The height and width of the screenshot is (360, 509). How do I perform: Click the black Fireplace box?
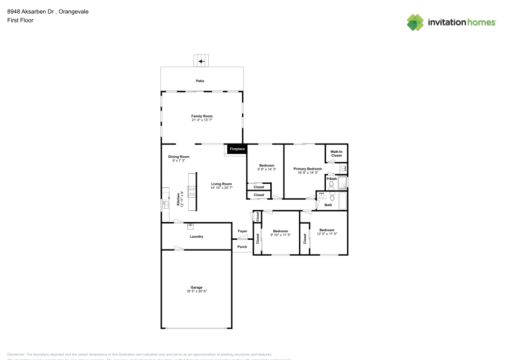[x=237, y=149]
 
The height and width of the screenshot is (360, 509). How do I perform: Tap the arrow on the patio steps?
[x=202, y=61]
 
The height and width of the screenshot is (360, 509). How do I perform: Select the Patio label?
[x=202, y=81]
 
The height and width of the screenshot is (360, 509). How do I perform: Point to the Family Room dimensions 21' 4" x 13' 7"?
[x=202, y=120]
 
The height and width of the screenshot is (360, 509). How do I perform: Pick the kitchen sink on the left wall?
[x=165, y=205]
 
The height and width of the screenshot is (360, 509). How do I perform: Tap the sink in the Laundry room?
[x=191, y=226]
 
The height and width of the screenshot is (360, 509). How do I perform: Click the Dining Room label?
[x=179, y=157]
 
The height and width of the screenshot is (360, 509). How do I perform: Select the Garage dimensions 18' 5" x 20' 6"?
[x=196, y=291]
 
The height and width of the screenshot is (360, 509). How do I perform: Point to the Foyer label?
[x=242, y=231]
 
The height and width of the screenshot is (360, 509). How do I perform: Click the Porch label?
[x=242, y=247]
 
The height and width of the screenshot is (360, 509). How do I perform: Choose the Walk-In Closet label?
[x=336, y=153]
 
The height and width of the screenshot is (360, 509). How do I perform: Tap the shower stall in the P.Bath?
[x=343, y=182]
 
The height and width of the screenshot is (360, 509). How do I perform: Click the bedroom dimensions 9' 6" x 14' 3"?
[x=267, y=170]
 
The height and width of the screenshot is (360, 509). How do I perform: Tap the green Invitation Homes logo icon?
[x=415, y=22]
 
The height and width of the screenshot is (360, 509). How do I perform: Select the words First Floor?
[x=20, y=20]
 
